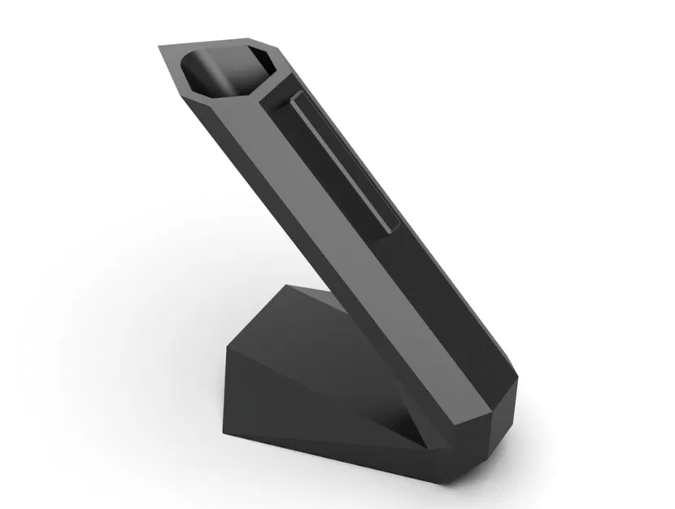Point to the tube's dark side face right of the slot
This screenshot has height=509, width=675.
click(423, 244)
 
